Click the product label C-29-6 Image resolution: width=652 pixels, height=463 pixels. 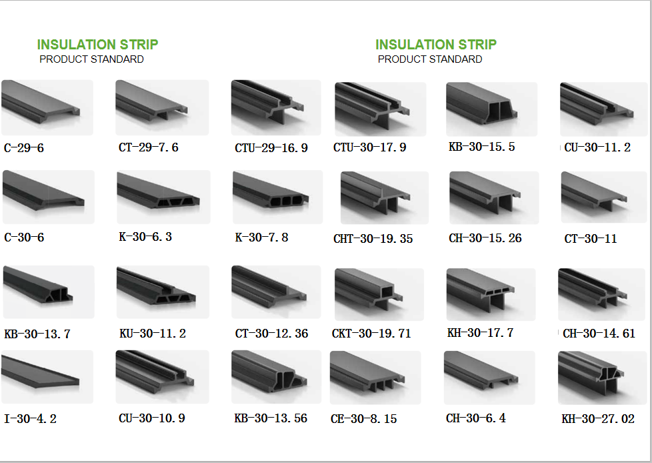point(24,148)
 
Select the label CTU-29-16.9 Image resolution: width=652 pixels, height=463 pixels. point(271,148)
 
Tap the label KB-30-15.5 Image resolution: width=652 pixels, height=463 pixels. point(481,147)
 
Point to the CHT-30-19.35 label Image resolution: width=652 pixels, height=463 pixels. point(373,239)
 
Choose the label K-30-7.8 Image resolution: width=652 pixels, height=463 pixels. point(261,238)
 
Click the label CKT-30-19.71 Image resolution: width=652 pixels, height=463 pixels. point(371,334)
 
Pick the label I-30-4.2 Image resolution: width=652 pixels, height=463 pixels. point(30,419)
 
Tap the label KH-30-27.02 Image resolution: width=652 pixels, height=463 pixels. point(598,419)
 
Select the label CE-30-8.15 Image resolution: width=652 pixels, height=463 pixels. point(364,419)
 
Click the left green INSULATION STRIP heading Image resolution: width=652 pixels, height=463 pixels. point(98,45)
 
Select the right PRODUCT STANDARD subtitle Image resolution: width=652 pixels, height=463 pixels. point(430,59)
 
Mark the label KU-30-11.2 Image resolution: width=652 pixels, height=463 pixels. point(153,334)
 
